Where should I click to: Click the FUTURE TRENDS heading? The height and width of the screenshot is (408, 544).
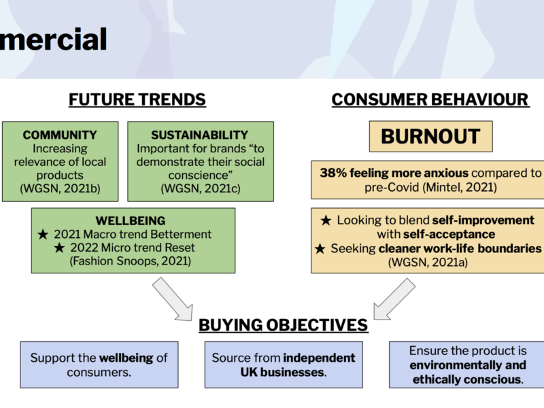137,99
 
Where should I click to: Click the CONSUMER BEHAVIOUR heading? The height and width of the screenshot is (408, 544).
430,99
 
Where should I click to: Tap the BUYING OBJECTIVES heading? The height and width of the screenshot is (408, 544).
283,325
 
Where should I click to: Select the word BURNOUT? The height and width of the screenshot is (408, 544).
430,137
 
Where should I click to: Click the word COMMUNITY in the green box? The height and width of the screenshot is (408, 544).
60,135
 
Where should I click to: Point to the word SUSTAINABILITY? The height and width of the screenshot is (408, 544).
200,135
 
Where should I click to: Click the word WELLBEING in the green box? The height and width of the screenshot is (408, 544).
131,221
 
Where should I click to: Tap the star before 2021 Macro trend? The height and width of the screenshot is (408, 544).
43,235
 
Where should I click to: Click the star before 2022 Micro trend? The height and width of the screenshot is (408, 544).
59,248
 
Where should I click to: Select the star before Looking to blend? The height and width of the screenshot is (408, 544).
326,220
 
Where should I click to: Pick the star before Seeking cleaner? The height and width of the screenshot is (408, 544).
320,249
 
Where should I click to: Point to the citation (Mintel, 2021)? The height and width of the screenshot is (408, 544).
460,188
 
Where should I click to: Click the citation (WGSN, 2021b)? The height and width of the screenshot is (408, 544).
60,188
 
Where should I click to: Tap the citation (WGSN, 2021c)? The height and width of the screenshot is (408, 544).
201,188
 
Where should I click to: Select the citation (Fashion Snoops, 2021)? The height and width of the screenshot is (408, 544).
131,261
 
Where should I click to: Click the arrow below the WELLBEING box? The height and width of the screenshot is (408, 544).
173,299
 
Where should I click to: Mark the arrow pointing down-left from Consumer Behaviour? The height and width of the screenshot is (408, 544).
394,299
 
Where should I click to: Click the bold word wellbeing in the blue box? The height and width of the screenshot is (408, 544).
126,358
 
